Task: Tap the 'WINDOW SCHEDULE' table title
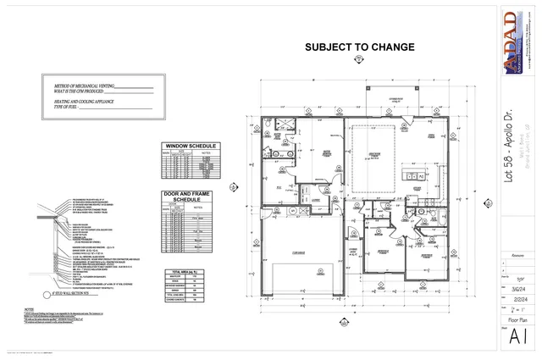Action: point(189,146)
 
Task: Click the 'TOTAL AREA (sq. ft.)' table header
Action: point(189,270)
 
